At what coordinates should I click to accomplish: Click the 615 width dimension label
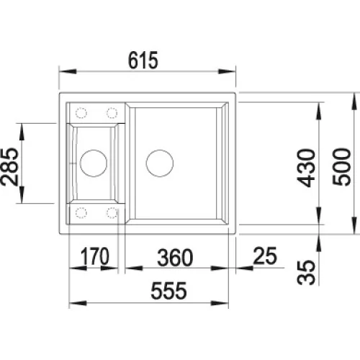tap(143, 60)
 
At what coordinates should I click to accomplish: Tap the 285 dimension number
tap(9, 167)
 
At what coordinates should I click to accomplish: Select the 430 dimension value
tap(306, 168)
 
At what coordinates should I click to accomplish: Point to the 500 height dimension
tap(341, 167)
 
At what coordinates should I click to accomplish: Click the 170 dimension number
tap(94, 256)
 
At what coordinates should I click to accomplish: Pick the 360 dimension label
tap(175, 258)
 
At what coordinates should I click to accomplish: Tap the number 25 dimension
tap(265, 256)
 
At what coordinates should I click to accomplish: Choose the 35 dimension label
tap(306, 272)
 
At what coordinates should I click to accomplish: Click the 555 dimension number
tap(168, 291)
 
